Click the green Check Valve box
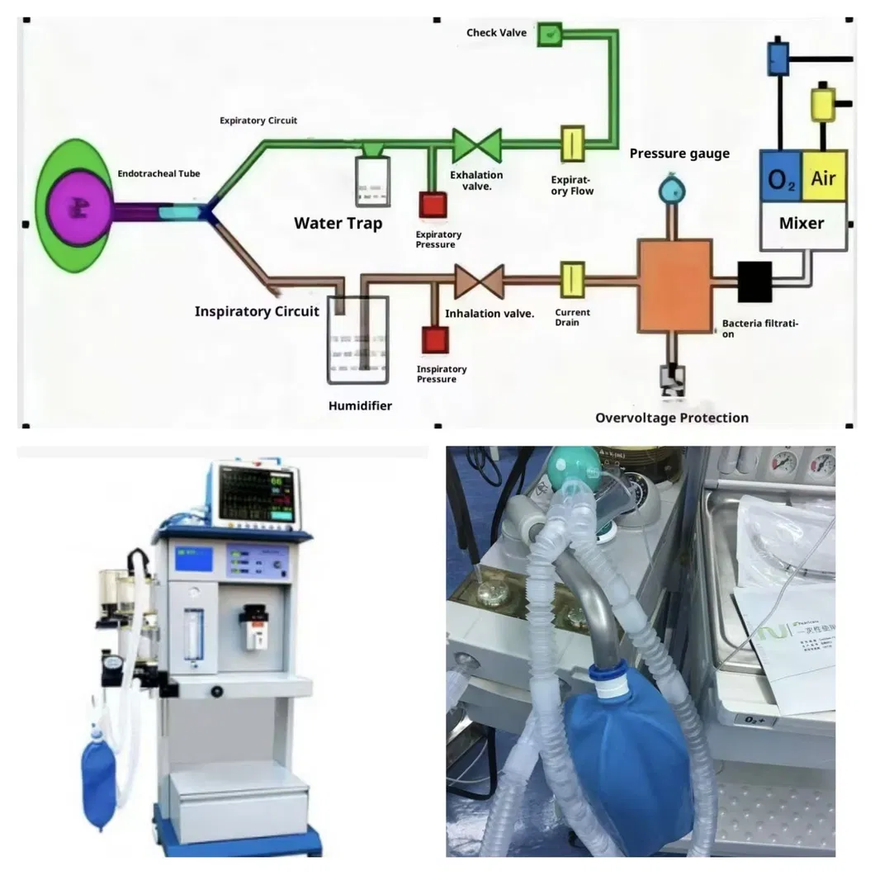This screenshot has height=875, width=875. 549,34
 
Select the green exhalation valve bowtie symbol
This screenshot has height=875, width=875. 477,145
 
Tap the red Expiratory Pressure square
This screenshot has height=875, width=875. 433,204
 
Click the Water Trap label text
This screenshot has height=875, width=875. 338,223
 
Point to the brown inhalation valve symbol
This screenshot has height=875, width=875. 479,281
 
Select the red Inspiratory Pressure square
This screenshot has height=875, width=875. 434,339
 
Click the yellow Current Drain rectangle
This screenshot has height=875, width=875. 572,280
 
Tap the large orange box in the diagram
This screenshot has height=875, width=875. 674,285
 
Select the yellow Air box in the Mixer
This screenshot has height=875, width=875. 823,177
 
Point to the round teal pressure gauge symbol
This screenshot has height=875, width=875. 674,191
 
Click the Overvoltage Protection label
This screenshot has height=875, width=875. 671,418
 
